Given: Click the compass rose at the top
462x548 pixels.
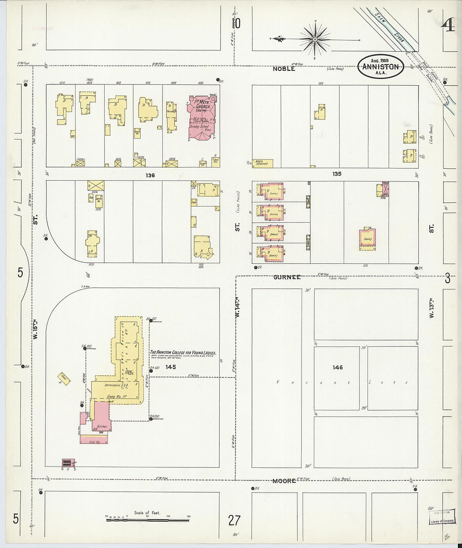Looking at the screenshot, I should (315, 39).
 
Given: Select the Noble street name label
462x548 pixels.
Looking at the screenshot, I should (284, 69).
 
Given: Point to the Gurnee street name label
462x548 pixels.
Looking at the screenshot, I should (287, 277).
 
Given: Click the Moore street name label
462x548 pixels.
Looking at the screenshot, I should (284, 481).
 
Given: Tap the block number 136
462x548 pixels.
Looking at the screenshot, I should (150, 175).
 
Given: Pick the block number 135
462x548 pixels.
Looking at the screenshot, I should (336, 174).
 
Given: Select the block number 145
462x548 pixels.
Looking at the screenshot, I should (171, 367).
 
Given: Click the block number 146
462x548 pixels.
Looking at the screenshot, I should (338, 367).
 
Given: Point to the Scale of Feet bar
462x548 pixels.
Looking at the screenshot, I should (147, 519).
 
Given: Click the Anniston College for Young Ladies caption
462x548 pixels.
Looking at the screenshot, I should (183, 353).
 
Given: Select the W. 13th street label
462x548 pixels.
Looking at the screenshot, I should (431, 308).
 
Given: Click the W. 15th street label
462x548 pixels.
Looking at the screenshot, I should (36, 330).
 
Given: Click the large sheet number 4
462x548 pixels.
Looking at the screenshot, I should (448, 26).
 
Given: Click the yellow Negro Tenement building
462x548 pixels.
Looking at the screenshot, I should (263, 163).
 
